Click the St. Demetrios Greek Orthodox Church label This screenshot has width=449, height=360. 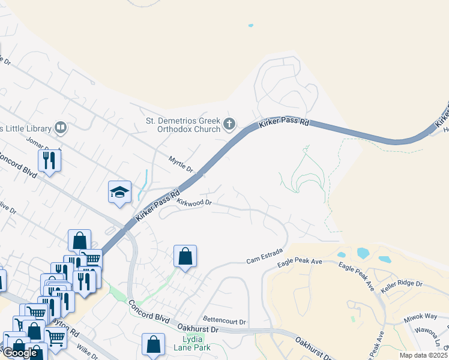coord(183,124)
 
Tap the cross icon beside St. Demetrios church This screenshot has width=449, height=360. coord(229,124)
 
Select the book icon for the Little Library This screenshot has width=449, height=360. coord(60,127)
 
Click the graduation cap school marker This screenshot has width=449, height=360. coord(119,192)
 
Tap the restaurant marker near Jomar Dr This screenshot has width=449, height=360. coord(49,160)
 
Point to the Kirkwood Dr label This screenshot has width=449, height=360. coord(194,202)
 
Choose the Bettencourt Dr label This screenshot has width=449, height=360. coord(224,322)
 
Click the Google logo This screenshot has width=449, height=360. coord(20,353)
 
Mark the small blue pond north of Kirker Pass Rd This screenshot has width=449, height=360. coord(250,26)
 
